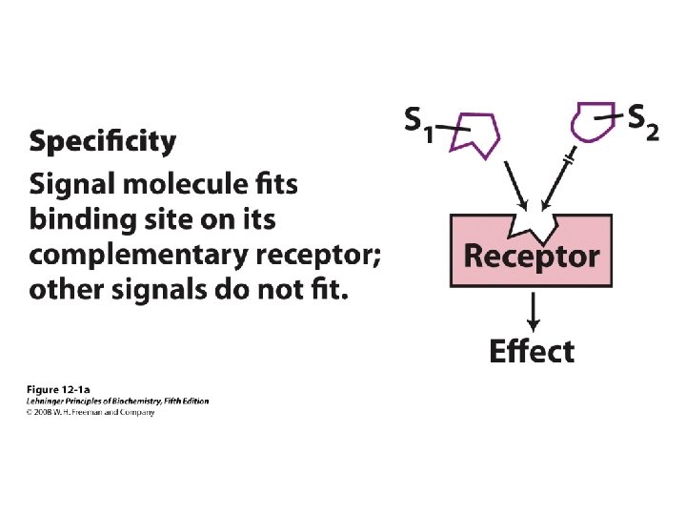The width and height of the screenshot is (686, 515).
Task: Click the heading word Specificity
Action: point(103,144)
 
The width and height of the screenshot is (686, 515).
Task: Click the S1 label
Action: point(418,124)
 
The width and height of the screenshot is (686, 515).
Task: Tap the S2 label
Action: point(643,121)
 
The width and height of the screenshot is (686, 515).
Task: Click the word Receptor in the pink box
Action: point(531,256)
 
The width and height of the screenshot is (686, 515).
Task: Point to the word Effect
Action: point(532,351)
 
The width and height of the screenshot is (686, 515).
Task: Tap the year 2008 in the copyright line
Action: point(44,412)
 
